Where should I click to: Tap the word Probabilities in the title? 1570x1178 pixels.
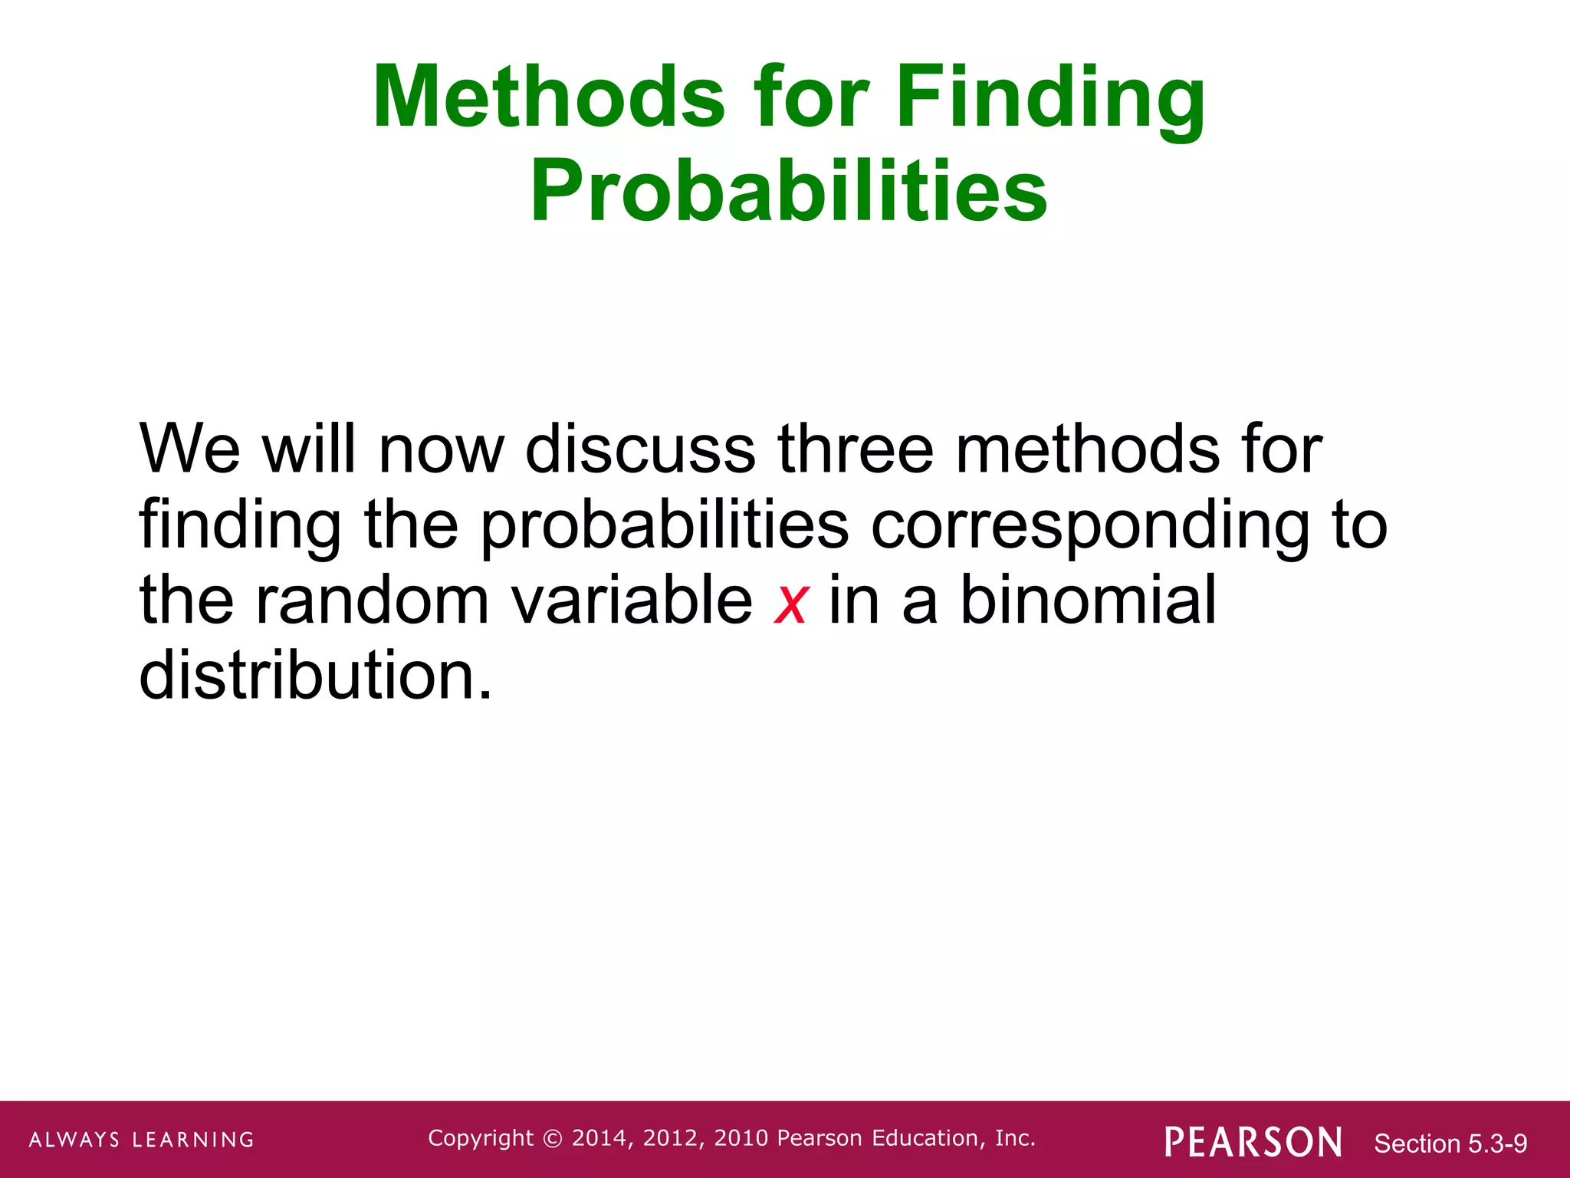[788, 190]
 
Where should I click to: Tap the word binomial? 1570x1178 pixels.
[1087, 601]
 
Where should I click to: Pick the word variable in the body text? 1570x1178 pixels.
[632, 601]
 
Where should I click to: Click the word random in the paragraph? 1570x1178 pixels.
[372, 601]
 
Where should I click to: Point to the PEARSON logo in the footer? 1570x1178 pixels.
[1253, 1142]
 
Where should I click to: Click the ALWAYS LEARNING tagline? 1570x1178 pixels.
[142, 1140]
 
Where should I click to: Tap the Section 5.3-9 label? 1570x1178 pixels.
[1450, 1143]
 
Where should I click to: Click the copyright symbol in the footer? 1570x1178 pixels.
[552, 1139]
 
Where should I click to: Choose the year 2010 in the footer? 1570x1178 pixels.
[741, 1138]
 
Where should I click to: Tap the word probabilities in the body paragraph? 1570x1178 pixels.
[665, 528]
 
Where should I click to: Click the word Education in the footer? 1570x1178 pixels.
[925, 1138]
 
